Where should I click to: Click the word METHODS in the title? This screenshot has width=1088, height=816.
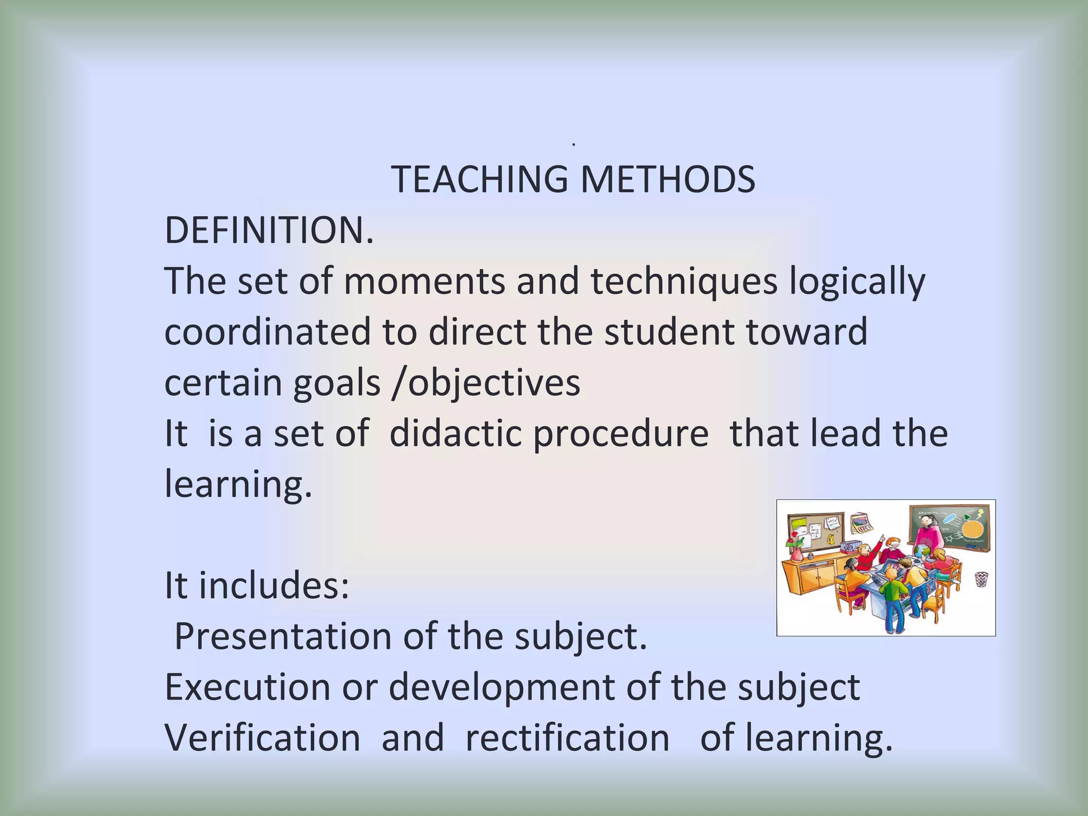tap(667, 180)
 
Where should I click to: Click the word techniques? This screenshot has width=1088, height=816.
tap(684, 282)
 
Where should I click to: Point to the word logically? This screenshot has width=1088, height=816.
tap(857, 282)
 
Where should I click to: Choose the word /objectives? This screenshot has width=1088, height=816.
tap(486, 382)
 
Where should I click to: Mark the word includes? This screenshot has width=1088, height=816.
tap(274, 585)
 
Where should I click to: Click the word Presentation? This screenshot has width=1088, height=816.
tap(283, 636)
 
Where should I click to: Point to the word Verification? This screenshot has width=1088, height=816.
tap(262, 738)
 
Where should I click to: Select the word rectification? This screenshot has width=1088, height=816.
tap(567, 738)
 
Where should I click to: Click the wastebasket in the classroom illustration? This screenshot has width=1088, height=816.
tap(981, 579)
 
